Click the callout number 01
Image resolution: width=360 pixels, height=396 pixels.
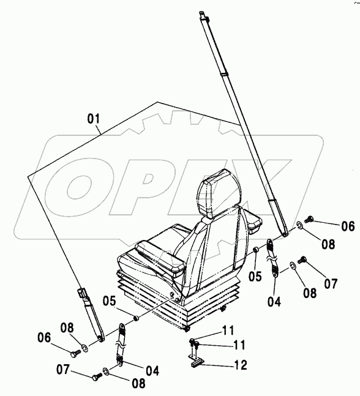pyautogui.click(x=94, y=119)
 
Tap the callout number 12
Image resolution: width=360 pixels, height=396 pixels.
pyautogui.click(x=240, y=365)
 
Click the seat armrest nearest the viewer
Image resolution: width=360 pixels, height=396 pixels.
pyautogui.click(x=160, y=257)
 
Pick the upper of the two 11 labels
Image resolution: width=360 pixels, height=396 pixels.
pyautogui.click(x=228, y=330)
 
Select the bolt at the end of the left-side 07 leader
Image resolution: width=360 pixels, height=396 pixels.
pyautogui.click(x=97, y=377)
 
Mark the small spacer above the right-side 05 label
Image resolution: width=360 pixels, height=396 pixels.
pyautogui.click(x=256, y=250)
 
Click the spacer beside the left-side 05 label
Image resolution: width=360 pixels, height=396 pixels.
pyautogui.click(x=137, y=318)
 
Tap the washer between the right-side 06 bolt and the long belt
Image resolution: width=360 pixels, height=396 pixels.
pyautogui.click(x=299, y=225)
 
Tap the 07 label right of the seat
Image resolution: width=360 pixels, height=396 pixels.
pyautogui.click(x=331, y=284)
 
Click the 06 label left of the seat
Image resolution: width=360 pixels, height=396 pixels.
pyautogui.click(x=44, y=338)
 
